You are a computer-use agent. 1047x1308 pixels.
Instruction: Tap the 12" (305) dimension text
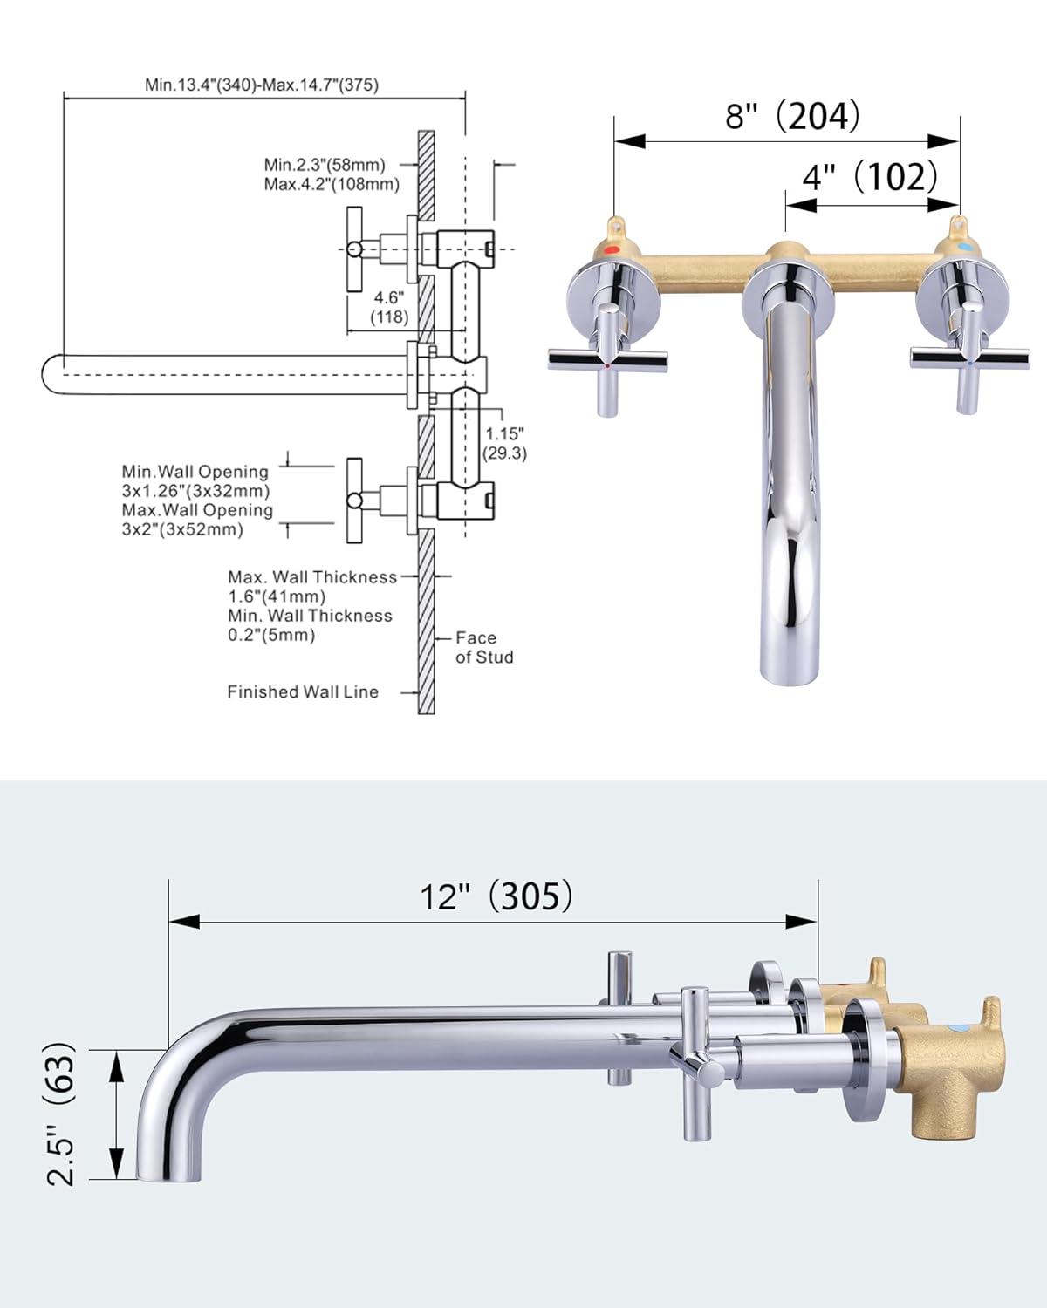tap(497, 895)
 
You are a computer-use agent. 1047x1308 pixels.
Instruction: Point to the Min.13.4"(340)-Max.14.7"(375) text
tap(262, 85)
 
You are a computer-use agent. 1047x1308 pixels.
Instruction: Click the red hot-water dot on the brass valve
tap(612, 249)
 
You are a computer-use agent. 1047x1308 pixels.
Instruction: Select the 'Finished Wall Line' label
tap(303, 691)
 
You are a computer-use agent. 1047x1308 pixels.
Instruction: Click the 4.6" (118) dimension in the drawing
tap(388, 307)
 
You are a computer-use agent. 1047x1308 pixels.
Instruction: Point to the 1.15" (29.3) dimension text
tap(505, 443)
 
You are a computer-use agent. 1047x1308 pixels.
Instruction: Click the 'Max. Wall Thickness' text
tap(312, 577)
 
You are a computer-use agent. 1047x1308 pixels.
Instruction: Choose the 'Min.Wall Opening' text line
tap(195, 472)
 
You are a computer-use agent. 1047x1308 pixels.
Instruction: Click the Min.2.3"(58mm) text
tap(325, 164)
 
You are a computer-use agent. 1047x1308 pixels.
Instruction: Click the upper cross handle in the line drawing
tap(354, 250)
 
